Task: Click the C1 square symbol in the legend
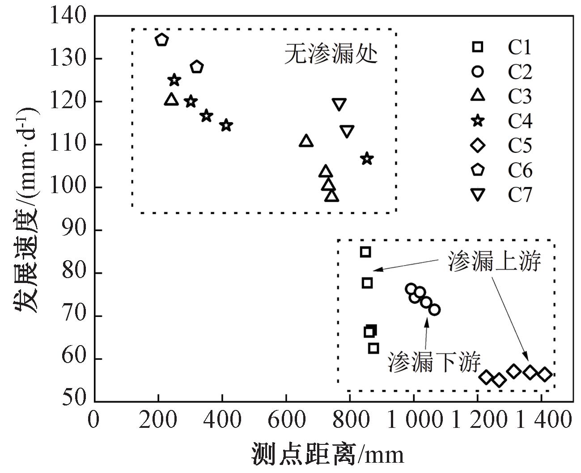coord(478,46)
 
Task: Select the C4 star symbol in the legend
coord(478,120)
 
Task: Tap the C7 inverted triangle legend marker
coord(478,194)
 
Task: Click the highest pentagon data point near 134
coord(161,39)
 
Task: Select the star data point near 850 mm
coord(367,159)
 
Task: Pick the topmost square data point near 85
coord(365,252)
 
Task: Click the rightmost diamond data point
coord(544,375)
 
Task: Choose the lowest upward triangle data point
coord(331,196)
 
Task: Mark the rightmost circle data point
coord(434,309)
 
